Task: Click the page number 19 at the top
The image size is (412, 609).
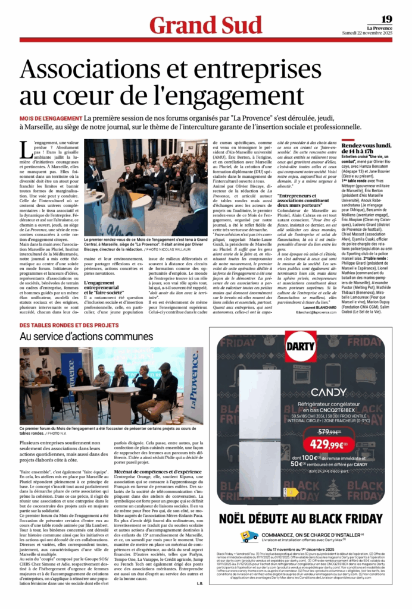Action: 386,19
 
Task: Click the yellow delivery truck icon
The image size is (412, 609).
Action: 250,535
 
